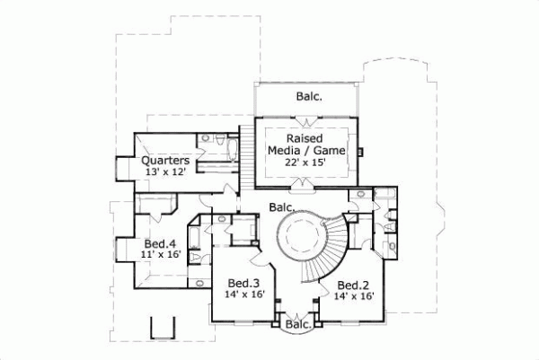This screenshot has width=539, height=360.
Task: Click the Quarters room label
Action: pyautogui.click(x=165, y=162)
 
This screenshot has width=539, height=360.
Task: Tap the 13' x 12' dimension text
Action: pyautogui.click(x=163, y=173)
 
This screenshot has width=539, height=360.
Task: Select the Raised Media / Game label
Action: pyautogui.click(x=305, y=145)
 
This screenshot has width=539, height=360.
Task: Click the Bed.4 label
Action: pyautogui.click(x=159, y=243)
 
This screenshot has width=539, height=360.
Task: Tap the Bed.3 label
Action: pyautogui.click(x=243, y=281)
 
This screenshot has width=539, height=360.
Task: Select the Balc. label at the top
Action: pyautogui.click(x=310, y=96)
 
